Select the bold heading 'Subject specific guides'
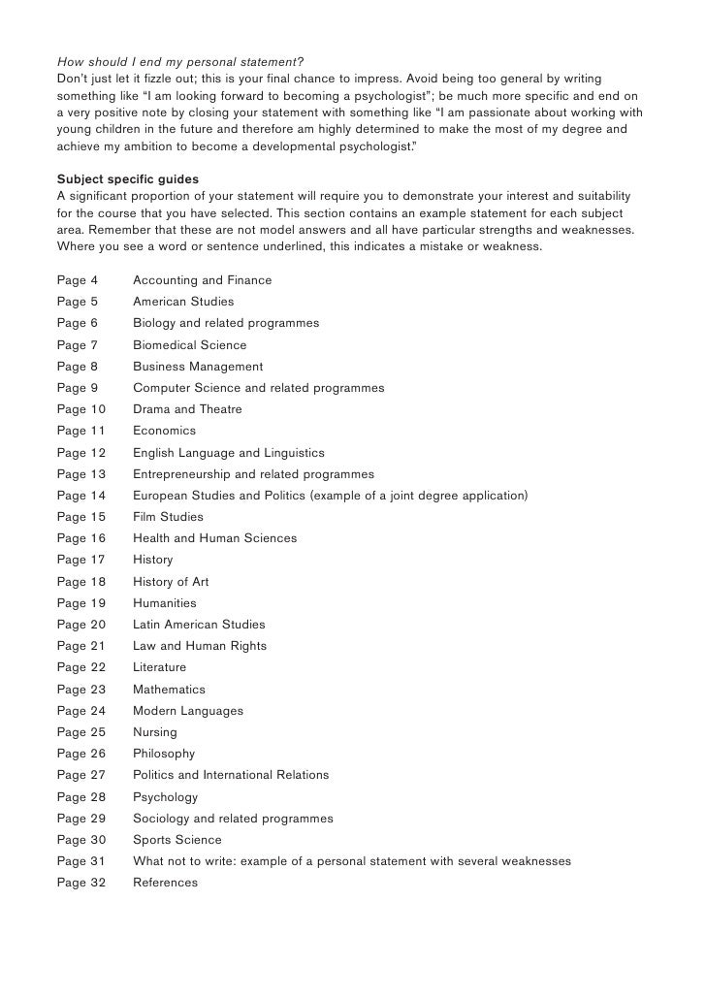pos(128,180)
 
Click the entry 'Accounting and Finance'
pos(202,280)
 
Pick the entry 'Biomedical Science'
pos(189,345)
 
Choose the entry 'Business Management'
pos(198,367)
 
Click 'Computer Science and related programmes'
pos(258,388)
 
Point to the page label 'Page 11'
pos(81,431)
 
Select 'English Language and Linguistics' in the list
pos(228,453)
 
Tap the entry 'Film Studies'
pos(168,517)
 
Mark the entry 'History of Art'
pos(171,582)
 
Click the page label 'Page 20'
pos(81,625)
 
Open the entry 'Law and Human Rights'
pos(200,646)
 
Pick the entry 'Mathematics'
pos(169,690)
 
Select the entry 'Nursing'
pos(155,732)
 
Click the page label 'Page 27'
pos(81,775)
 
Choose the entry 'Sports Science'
pos(176,840)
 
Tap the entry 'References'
pos(165,883)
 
